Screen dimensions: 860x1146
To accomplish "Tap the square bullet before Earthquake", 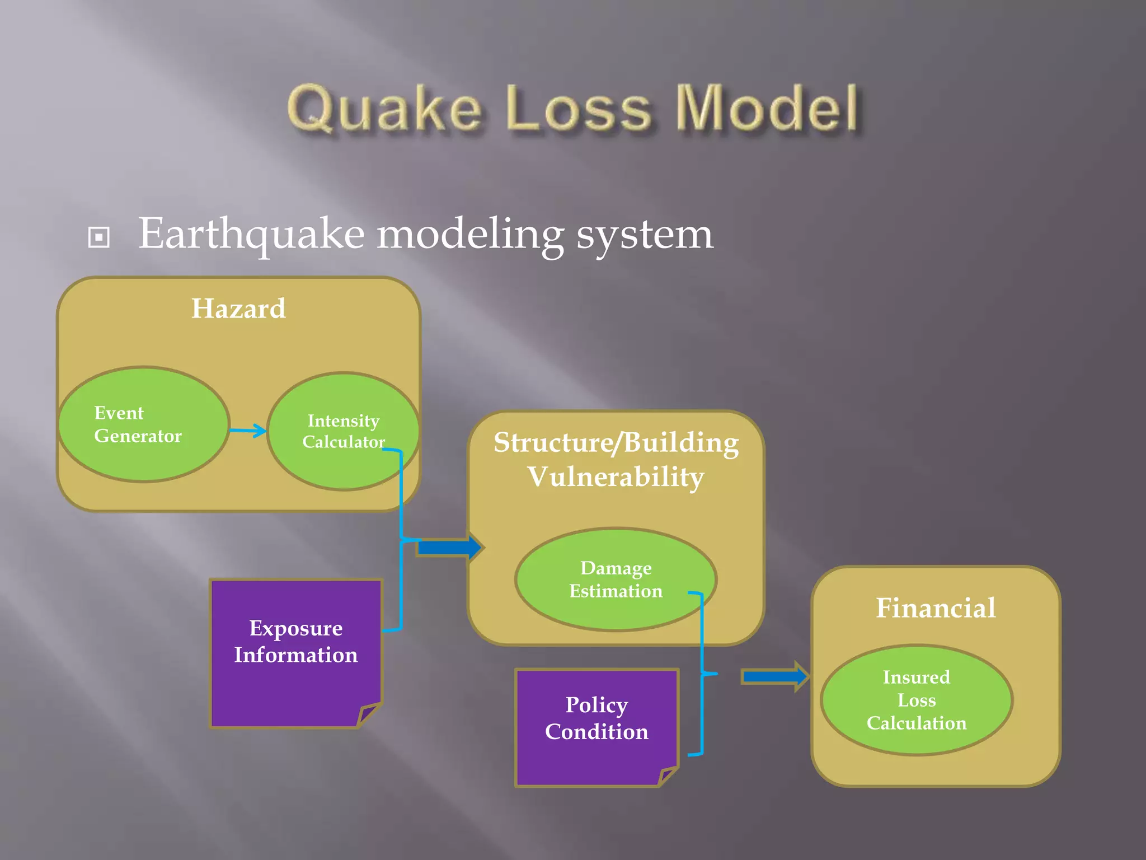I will pyautogui.click(x=99, y=237).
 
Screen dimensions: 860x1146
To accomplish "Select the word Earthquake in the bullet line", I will pyautogui.click(x=251, y=234).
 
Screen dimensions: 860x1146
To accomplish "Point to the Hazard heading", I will pyautogui.click(x=238, y=309).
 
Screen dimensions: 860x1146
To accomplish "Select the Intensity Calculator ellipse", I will pyautogui.click(x=343, y=431).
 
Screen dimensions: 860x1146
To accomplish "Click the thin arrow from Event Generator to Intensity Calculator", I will pyautogui.click(x=248, y=431).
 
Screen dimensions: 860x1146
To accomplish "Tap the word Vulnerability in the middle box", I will pyautogui.click(x=616, y=478).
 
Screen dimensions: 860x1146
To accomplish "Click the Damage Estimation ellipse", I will pyautogui.click(x=616, y=579).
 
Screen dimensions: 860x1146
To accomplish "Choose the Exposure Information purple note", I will pyautogui.click(x=295, y=652).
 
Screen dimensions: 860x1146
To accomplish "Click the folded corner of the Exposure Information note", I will pyautogui.click(x=368, y=714).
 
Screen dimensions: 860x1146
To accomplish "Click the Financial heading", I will pyautogui.click(x=936, y=608).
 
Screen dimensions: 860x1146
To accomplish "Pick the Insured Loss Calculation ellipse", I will pyautogui.click(x=917, y=700).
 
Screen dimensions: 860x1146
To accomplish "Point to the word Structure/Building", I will pyautogui.click(x=616, y=443).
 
